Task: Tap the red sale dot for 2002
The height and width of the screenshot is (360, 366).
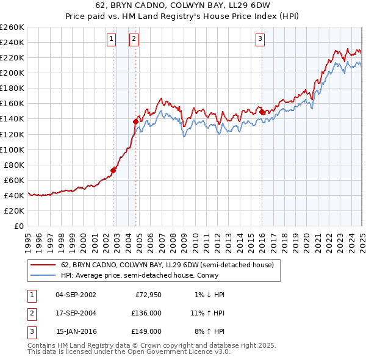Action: coord(113,170)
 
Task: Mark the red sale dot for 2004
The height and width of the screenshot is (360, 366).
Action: coord(135,122)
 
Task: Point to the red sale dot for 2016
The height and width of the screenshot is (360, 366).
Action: coord(262,112)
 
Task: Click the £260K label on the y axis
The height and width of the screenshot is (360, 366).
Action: coord(12,27)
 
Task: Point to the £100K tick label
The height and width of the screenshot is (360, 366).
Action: coord(12,149)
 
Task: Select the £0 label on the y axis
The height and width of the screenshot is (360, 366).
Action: coord(18,226)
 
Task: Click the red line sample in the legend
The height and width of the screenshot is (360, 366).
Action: coord(43,265)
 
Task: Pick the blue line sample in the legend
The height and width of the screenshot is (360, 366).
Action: coord(43,275)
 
